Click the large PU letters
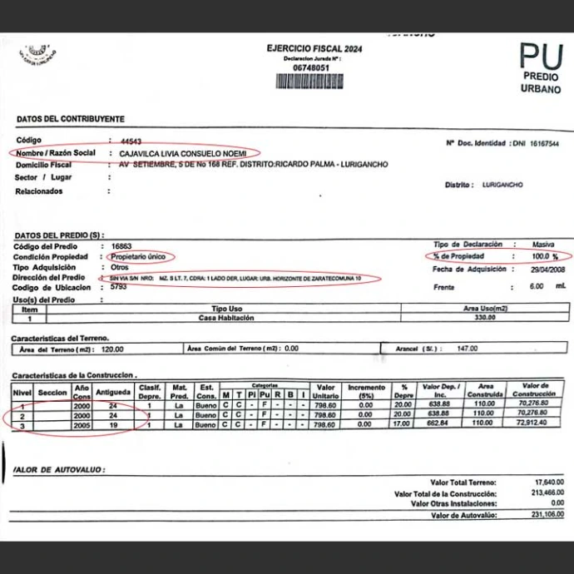click(x=541, y=57)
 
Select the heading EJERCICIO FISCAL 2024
click(x=314, y=48)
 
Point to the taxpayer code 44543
click(x=131, y=142)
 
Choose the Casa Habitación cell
click(x=225, y=317)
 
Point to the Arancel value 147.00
click(x=471, y=349)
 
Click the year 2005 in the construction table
click(x=82, y=424)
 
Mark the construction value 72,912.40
click(x=530, y=424)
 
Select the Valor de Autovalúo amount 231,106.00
click(x=545, y=516)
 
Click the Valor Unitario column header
click(x=326, y=391)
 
